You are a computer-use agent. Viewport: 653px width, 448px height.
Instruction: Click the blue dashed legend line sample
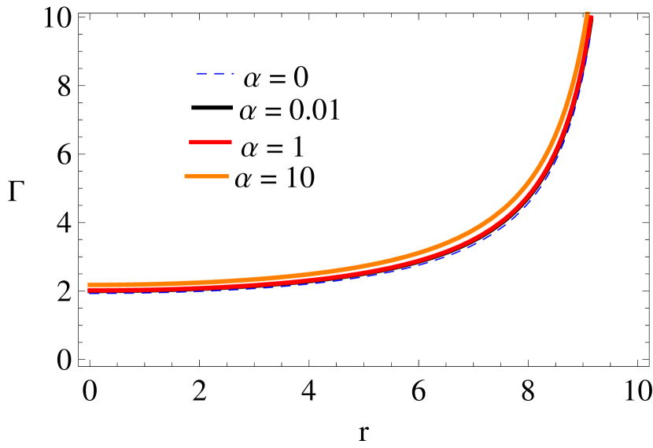pyautogui.click(x=215, y=73)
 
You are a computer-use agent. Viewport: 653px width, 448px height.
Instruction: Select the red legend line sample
pyautogui.click(x=210, y=142)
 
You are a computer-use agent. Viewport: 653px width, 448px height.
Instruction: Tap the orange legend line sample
pyautogui.click(x=206, y=176)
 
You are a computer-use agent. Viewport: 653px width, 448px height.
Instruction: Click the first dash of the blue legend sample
pyautogui.click(x=201, y=73)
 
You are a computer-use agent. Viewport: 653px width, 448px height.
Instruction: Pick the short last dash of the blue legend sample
pyautogui.click(x=233, y=73)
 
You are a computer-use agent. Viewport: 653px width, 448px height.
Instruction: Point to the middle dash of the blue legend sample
pyautogui.click(x=219, y=73)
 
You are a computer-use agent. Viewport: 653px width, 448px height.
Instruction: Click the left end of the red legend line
pyautogui.click(x=190, y=142)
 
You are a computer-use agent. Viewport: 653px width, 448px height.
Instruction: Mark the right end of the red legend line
pyautogui.click(x=231, y=142)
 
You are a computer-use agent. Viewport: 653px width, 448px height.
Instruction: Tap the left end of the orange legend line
pyautogui.click(x=186, y=176)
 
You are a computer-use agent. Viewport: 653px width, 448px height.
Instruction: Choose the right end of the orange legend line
pyautogui.click(x=227, y=176)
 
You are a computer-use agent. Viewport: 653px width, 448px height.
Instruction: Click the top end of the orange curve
pyautogui.click(x=587, y=16)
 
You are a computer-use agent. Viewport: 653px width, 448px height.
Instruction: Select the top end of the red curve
pyautogui.click(x=592, y=17)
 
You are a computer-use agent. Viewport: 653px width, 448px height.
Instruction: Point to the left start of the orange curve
pyautogui.click(x=89, y=284)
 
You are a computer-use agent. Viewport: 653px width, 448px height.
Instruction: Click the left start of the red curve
pyautogui.click(x=89, y=290)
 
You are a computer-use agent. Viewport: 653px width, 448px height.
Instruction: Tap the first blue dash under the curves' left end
pyautogui.click(x=94, y=294)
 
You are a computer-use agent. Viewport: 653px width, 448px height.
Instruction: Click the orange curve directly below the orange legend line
pyautogui.click(x=206, y=282)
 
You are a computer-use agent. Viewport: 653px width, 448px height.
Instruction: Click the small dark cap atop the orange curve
pyautogui.click(x=587, y=12)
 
